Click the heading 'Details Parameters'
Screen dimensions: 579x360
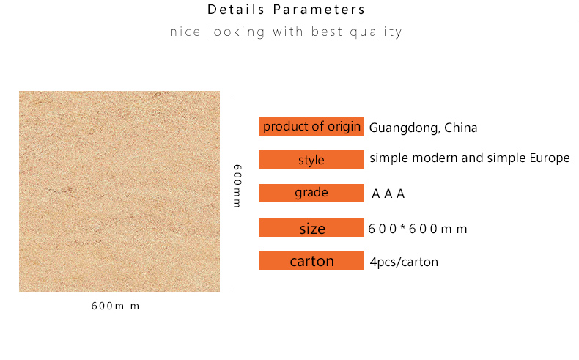click(x=286, y=10)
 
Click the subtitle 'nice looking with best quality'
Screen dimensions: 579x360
click(x=286, y=32)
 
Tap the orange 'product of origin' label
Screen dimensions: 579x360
click(x=311, y=126)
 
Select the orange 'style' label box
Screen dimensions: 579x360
click(x=311, y=160)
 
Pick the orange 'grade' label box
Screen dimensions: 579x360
click(x=311, y=193)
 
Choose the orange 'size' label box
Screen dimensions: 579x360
click(x=311, y=228)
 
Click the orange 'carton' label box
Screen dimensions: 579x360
click(x=311, y=261)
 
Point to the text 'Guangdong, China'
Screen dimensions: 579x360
click(x=423, y=128)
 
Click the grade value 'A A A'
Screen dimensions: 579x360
click(x=388, y=194)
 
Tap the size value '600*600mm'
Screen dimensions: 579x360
click(x=418, y=229)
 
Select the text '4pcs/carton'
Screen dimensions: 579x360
click(x=404, y=262)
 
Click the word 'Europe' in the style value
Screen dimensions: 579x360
click(x=550, y=158)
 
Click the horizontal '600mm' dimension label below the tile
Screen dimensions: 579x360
click(x=115, y=306)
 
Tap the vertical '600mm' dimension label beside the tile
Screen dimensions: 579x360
click(x=237, y=185)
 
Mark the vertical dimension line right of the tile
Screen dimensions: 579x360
click(x=229, y=192)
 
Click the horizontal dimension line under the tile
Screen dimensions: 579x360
click(x=123, y=298)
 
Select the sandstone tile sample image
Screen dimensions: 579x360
click(x=119, y=191)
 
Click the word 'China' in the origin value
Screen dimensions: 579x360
click(x=461, y=128)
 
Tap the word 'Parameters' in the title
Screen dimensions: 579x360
click(x=319, y=10)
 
